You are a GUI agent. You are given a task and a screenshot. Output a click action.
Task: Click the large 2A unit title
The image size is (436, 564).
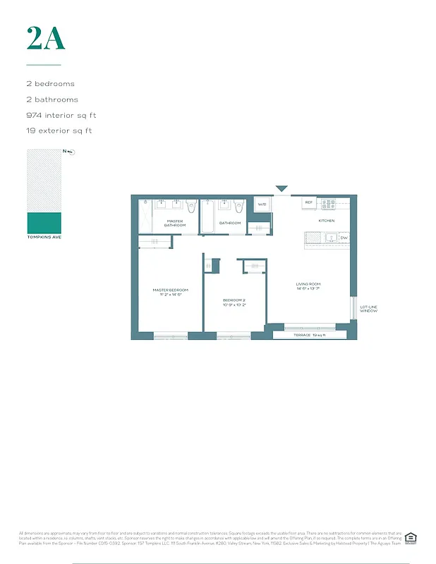tap(46, 38)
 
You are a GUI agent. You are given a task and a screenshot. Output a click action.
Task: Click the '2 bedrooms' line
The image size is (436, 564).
tap(49, 84)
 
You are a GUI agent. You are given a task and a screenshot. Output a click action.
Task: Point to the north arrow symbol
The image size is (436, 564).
tap(69, 152)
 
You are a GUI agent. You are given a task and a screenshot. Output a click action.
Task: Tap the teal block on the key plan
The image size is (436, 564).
tap(44, 223)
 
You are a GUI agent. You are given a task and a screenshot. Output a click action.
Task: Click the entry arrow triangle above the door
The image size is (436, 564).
tap(281, 189)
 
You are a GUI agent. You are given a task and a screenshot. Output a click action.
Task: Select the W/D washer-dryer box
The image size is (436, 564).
tap(261, 204)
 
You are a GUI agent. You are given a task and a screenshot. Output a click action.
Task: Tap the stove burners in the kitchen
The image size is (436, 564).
tap(329, 204)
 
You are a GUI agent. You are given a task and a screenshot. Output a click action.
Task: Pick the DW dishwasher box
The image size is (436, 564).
tap(344, 238)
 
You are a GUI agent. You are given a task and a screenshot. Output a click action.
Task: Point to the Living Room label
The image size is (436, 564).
tap(308, 286)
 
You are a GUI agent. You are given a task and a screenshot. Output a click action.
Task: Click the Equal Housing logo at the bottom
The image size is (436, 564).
tap(410, 539)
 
